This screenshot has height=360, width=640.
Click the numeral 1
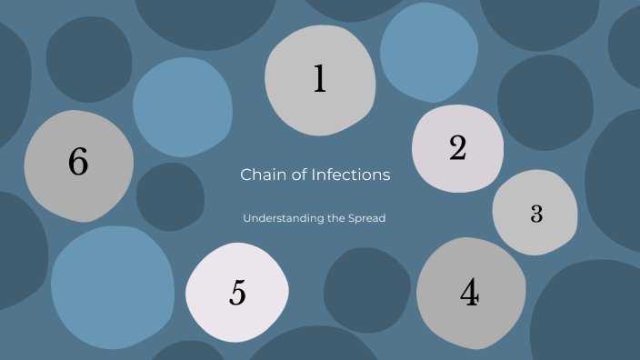tap(319, 80)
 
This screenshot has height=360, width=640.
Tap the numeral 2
tap(457, 147)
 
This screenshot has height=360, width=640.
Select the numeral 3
tap(536, 214)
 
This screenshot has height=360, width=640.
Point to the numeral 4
tap(469, 294)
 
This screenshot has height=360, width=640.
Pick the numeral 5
tap(237, 294)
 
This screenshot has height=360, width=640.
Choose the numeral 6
tap(78, 163)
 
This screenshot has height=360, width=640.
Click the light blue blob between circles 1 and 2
tap(428, 52)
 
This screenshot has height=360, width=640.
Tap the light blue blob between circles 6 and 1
tap(182, 107)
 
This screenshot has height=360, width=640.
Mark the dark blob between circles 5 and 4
tap(366, 289)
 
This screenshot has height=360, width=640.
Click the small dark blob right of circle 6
tap(170, 196)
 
